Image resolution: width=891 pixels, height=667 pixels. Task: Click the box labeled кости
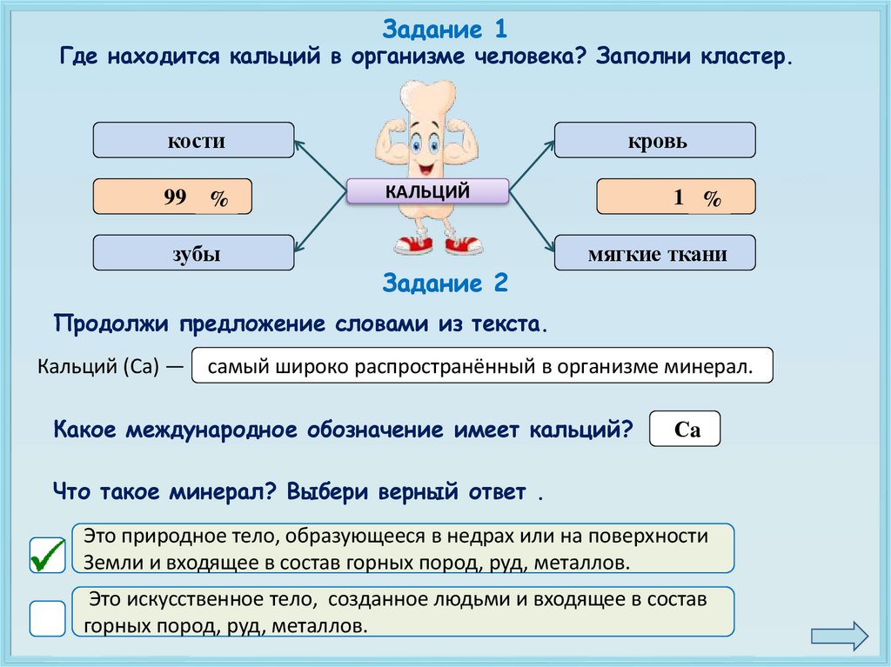pos(193,140)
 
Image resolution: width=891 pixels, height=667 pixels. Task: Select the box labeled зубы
pos(193,253)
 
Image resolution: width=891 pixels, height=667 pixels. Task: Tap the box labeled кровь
pos(654,140)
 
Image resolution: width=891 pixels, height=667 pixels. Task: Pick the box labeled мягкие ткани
pos(654,253)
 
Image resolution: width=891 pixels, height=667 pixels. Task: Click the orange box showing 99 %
pos(172,197)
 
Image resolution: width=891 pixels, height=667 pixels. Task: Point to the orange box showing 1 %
pos(675,197)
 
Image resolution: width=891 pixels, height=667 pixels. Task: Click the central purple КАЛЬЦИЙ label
pos(427,191)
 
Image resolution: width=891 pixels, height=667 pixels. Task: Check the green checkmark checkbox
pos(47,555)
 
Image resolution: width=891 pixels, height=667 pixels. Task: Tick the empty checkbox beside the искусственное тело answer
pos(47,618)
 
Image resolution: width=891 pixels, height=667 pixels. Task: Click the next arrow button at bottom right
pos(839,635)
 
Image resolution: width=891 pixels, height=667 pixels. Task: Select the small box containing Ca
pos(685,429)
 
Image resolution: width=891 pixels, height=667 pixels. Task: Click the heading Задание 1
pos(445,30)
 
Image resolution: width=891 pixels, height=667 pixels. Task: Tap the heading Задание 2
pos(445,283)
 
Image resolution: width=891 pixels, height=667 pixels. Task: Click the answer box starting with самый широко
pos(480,366)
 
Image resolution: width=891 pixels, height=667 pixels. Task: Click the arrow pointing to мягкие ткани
pos(531,221)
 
